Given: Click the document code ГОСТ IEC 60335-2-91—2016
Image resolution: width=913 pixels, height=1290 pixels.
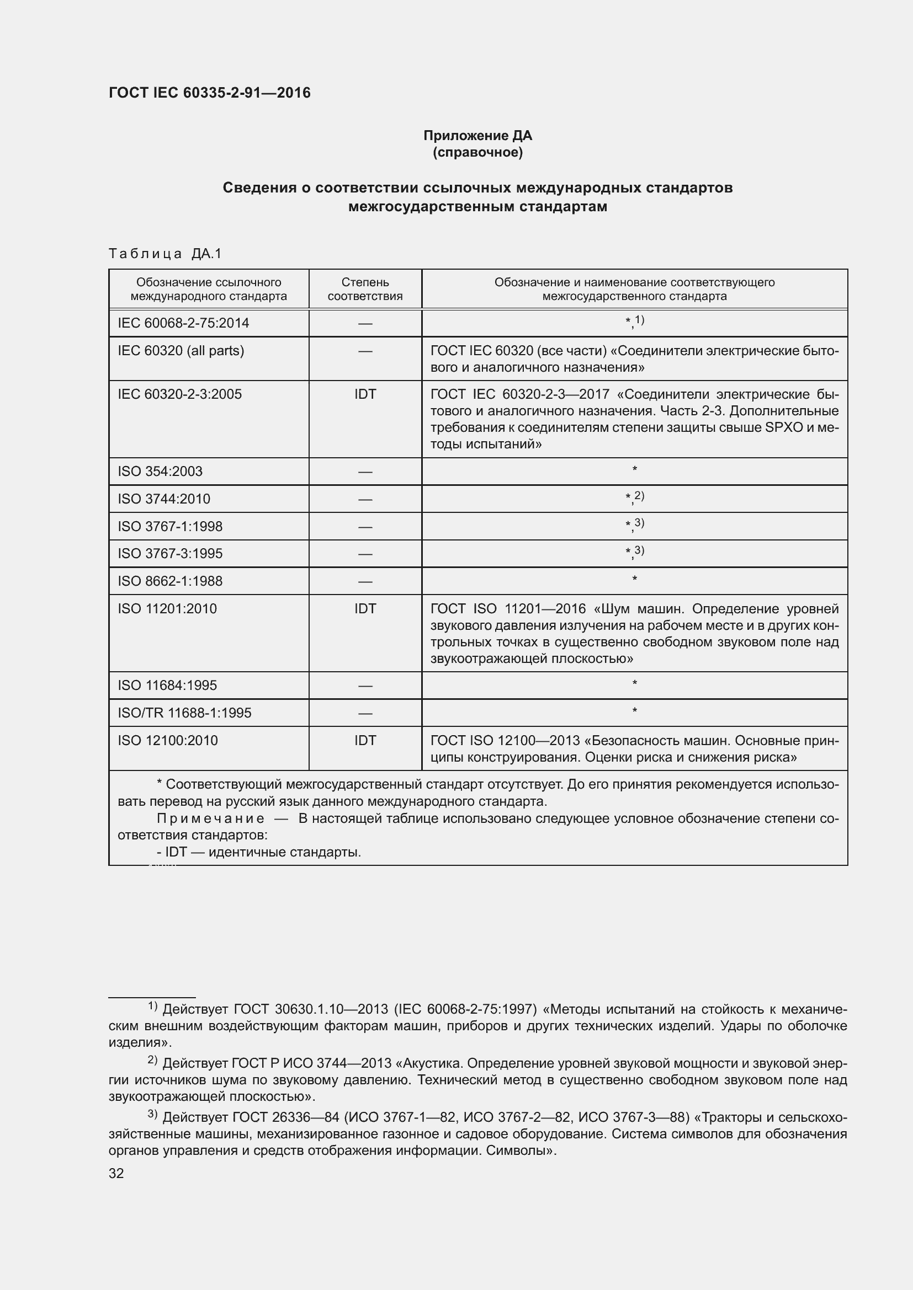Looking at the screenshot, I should click(209, 93).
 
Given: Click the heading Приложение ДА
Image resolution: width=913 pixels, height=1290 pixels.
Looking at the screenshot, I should click(477, 136).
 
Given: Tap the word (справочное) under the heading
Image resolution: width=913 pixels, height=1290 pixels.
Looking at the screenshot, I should click(477, 152).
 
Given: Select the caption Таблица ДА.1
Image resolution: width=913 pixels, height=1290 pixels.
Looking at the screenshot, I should click(165, 253).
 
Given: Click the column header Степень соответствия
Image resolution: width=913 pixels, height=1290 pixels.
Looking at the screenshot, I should click(365, 289).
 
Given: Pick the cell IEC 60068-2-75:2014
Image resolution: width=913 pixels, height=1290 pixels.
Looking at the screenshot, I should click(183, 323).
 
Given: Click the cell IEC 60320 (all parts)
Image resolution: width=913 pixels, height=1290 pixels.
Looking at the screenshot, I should click(181, 351).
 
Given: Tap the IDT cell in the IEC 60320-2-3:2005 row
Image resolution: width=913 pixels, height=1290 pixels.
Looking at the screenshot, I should click(365, 394).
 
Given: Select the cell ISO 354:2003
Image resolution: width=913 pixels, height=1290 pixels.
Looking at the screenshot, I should click(160, 471).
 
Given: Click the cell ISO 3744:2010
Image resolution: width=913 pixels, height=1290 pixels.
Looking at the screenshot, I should click(163, 499).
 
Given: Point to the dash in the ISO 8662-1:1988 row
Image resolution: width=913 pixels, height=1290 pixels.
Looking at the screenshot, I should click(365, 581).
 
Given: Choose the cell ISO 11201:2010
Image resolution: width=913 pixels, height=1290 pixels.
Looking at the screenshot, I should click(167, 608).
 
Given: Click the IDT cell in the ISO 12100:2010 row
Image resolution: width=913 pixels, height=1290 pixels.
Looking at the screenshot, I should click(365, 740).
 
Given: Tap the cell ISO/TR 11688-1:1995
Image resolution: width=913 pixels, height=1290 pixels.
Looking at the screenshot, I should click(184, 713).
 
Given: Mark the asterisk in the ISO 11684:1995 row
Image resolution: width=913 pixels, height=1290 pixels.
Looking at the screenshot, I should click(634, 684).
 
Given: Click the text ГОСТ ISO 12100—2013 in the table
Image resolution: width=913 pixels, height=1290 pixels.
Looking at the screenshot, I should click(505, 741).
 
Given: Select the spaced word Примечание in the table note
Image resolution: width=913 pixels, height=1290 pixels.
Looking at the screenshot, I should click(210, 818).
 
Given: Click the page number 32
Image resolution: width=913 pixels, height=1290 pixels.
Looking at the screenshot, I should click(116, 1173).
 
